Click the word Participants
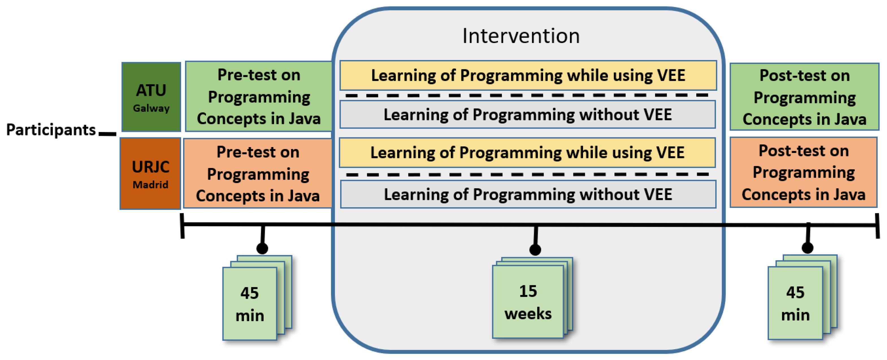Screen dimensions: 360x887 pos(51,130)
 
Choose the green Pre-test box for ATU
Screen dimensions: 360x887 pos(259,97)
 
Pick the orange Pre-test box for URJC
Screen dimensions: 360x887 pos(257,174)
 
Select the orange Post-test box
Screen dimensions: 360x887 pos(803,173)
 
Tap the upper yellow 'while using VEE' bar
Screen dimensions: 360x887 pos(528,76)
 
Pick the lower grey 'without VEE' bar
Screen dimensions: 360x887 pos(528,194)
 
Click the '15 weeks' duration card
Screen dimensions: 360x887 pos(528,302)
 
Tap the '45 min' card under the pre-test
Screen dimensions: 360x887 pos(250,304)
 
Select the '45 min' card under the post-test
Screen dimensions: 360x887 pos(795,303)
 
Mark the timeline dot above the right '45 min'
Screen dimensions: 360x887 pos(808,248)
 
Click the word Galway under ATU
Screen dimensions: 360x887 pos(151,108)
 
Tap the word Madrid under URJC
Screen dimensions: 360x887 pos(151,185)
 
